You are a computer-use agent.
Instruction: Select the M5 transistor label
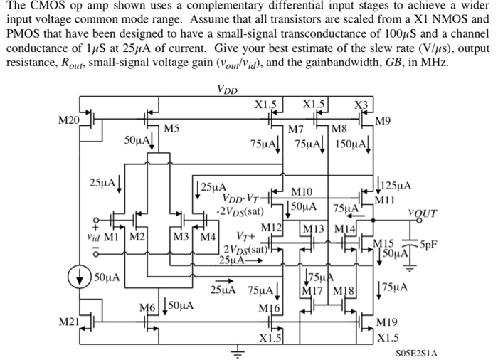171,129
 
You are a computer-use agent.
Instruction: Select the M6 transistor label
147,307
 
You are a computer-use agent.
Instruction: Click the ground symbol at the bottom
239,351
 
